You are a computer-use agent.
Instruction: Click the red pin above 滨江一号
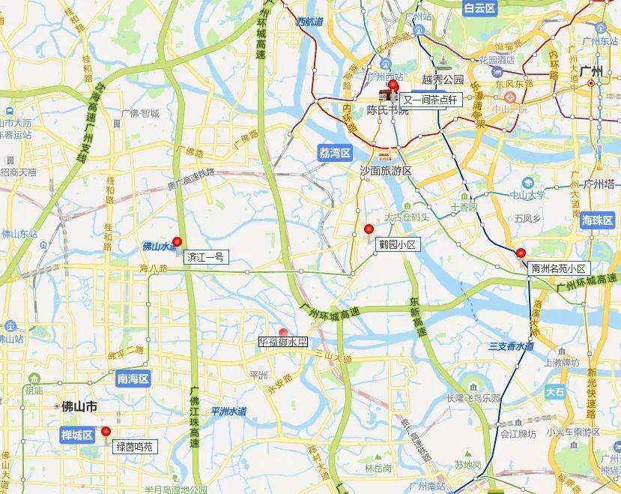(x=177, y=242)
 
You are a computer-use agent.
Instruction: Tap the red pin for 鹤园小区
(x=368, y=229)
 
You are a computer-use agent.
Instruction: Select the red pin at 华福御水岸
(x=283, y=334)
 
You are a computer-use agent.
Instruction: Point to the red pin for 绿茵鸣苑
(x=106, y=432)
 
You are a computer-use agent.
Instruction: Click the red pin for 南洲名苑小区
(x=521, y=253)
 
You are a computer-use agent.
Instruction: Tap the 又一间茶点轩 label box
(x=429, y=100)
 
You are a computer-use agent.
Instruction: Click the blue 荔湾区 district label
(x=334, y=154)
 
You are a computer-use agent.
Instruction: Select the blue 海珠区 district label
(x=597, y=220)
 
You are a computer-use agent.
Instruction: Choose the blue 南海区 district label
(x=134, y=379)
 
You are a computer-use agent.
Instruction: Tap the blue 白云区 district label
(x=479, y=8)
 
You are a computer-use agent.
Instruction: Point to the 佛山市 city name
(x=80, y=406)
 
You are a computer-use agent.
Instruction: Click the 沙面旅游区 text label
(x=387, y=171)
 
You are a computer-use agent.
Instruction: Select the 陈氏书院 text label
(x=388, y=110)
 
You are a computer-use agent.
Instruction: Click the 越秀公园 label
(x=443, y=79)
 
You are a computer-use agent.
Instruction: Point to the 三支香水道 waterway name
(x=511, y=346)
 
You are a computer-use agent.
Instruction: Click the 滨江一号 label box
(x=205, y=257)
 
